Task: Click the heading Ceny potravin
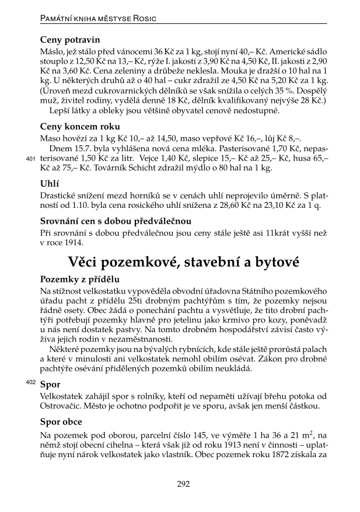(x=70, y=40)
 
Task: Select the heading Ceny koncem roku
(x=81, y=126)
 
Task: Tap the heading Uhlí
(x=50, y=183)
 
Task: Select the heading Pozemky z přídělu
(x=79, y=280)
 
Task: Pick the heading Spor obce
(x=61, y=422)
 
